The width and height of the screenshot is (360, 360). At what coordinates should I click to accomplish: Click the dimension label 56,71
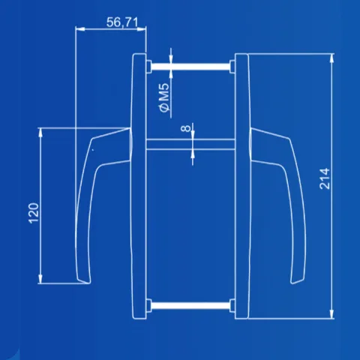(122, 22)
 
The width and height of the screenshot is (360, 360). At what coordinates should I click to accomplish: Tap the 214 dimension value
(325, 178)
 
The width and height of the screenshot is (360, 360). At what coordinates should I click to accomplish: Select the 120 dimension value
(34, 213)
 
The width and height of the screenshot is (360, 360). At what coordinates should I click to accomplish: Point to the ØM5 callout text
(164, 97)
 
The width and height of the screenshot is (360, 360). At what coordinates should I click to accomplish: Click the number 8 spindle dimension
(185, 128)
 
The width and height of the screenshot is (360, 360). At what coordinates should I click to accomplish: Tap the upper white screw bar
(190, 67)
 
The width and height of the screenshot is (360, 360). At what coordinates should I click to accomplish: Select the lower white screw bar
(190, 305)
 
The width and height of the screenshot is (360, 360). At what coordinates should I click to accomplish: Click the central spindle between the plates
(190, 145)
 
